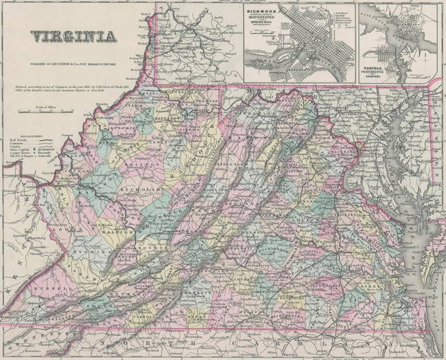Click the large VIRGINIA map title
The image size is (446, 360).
[74, 37]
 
